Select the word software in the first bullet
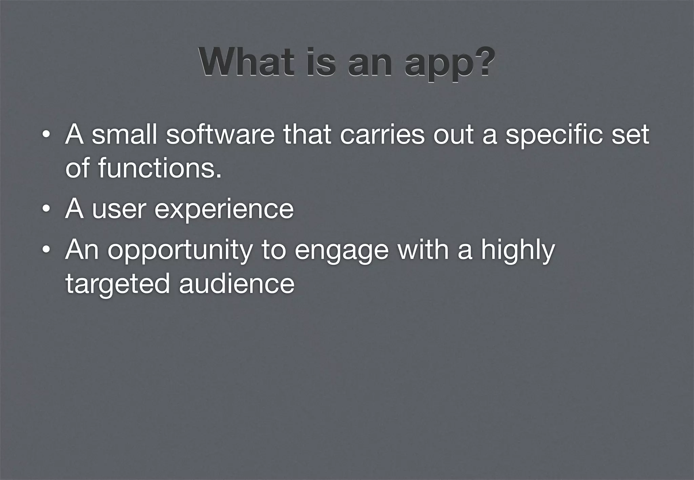(220, 135)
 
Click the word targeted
(117, 284)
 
